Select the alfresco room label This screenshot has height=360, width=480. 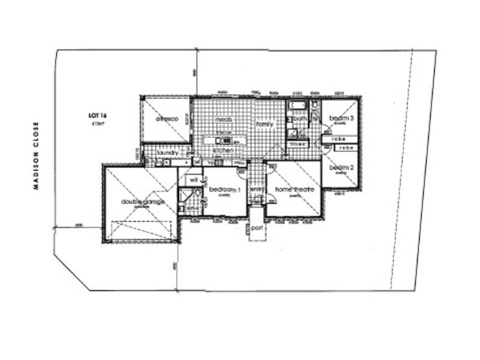[x=167, y=119]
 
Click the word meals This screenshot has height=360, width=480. [x=224, y=120]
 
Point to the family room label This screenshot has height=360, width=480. [x=265, y=124]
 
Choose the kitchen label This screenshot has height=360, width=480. [x=223, y=150]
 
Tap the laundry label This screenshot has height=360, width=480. [x=167, y=154]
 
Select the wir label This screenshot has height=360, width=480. [x=193, y=179]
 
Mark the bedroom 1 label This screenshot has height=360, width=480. [x=224, y=190]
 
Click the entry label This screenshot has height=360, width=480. [x=257, y=190]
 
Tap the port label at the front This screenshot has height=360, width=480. [x=257, y=228]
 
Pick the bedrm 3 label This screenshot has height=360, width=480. [x=341, y=118]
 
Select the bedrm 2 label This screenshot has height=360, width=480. [x=340, y=167]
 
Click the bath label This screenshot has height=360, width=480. [x=300, y=119]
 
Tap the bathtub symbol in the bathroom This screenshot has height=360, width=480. [x=297, y=106]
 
